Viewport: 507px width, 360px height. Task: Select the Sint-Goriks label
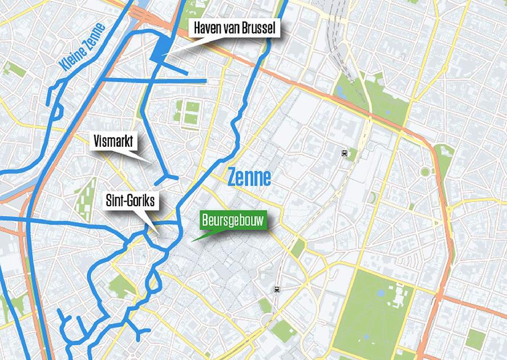click(131, 201)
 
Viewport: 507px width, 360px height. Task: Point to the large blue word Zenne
click(249, 177)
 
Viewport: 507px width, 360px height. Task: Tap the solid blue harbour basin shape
click(159, 47)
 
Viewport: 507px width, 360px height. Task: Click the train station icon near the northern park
click(344, 153)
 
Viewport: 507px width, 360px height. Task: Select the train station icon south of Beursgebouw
click(277, 289)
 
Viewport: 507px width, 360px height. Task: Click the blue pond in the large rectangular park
click(381, 293)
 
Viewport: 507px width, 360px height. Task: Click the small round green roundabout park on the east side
click(425, 171)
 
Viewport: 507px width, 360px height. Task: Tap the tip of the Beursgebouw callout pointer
click(192, 241)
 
